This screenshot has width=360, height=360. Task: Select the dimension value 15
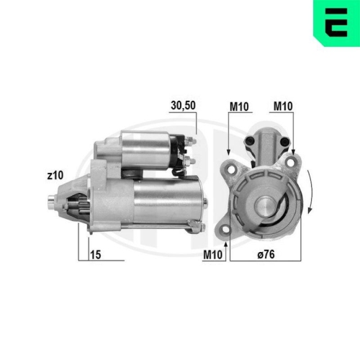(x=95, y=254)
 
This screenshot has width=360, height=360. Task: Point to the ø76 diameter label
(x=266, y=254)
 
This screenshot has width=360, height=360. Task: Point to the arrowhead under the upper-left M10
(x=228, y=153)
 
